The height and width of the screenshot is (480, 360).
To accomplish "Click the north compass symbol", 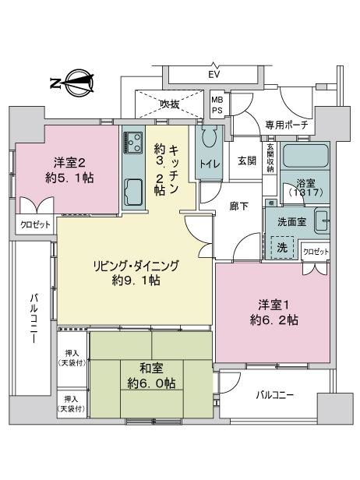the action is click(74, 83).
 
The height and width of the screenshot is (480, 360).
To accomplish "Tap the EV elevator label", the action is click(214, 74).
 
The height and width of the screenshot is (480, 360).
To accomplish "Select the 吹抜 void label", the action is click(170, 104).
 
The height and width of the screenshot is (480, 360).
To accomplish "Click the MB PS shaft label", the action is click(217, 104).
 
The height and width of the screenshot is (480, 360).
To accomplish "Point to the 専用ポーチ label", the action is click(286, 125).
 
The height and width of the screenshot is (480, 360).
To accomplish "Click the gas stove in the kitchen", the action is click(132, 143).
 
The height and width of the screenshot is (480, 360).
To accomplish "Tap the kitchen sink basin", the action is click(132, 192).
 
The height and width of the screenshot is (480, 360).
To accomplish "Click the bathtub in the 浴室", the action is click(305, 156).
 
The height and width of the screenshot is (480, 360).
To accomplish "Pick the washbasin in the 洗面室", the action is click(322, 221).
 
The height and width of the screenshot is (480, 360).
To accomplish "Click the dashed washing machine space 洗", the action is click(282, 247).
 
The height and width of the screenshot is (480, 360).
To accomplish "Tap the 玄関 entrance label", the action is click(247, 161).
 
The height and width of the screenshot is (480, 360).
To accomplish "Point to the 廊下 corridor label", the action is click(239, 206).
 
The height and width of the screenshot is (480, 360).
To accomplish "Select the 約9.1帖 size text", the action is click(136, 281).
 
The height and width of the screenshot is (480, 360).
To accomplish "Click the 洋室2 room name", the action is click(69, 163).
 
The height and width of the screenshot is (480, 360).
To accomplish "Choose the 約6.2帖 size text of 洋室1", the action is click(274, 320).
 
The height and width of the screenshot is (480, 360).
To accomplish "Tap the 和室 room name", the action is click(151, 369).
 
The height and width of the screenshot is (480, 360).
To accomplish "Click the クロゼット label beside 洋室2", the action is click(35, 225).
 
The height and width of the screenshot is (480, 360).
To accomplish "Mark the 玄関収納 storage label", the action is click(270, 158).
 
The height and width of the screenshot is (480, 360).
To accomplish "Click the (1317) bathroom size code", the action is click(305, 192).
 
